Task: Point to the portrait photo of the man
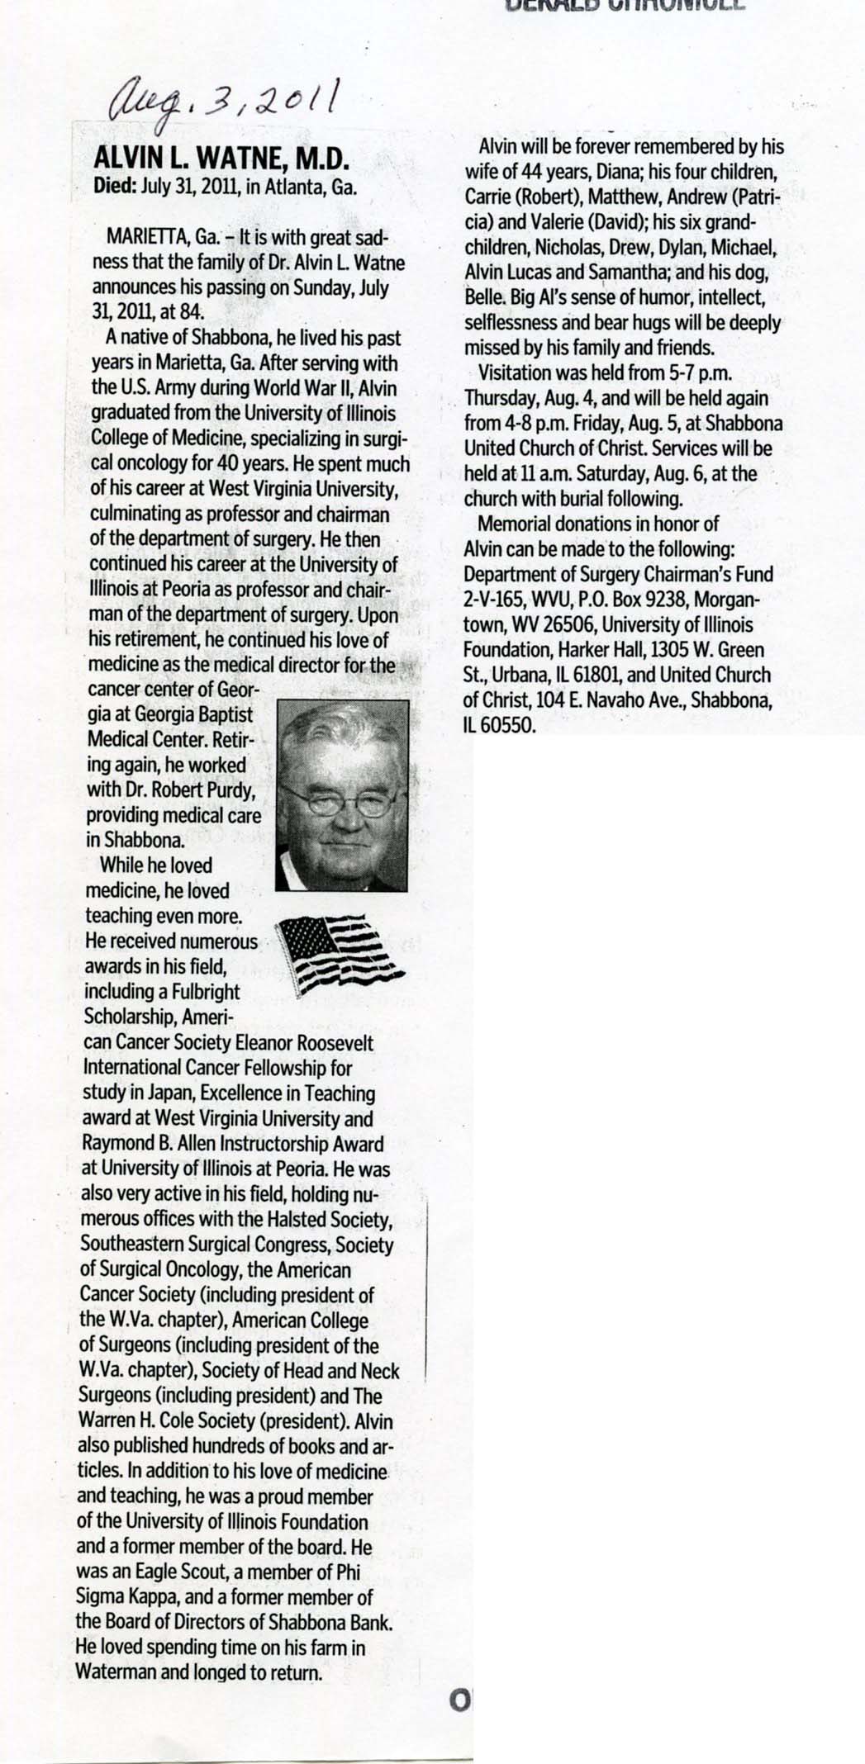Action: pyautogui.click(x=341, y=796)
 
